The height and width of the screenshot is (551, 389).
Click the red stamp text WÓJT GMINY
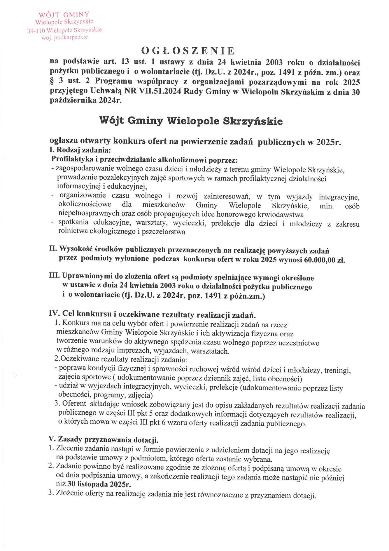(64, 15)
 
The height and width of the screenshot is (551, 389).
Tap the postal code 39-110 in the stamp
(36, 31)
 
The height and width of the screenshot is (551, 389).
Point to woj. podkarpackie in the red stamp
(65, 37)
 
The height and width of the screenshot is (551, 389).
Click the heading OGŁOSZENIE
(188, 51)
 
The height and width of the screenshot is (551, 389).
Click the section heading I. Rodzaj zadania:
(80, 150)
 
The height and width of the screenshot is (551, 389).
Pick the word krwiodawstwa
(281, 215)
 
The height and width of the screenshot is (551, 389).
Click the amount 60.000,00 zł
(324, 260)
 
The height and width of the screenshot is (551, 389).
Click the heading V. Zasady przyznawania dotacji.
(104, 439)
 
